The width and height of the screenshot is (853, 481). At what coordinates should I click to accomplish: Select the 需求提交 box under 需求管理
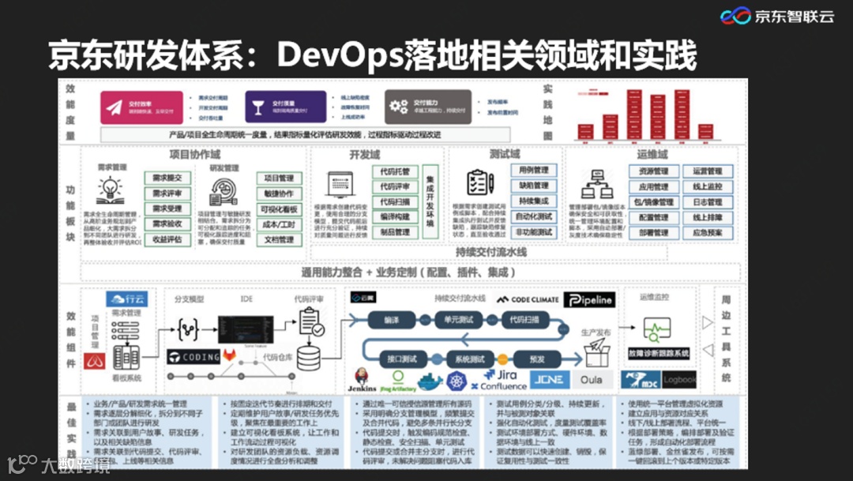(x=167, y=178)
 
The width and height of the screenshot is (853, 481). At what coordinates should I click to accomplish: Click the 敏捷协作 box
(x=279, y=194)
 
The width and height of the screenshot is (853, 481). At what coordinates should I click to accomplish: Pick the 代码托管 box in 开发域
(x=394, y=172)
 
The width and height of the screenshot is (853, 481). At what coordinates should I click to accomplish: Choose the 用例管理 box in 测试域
(x=533, y=171)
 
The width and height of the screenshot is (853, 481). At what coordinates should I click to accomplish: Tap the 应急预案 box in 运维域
(x=707, y=233)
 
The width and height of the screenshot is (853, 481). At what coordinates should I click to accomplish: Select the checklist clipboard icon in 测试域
(x=480, y=183)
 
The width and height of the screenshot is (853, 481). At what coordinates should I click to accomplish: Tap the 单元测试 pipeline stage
(x=458, y=321)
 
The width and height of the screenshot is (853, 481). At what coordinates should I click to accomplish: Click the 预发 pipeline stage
(x=537, y=359)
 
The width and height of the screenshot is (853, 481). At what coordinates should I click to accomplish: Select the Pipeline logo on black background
(x=589, y=300)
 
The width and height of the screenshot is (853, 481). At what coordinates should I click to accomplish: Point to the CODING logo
(x=194, y=357)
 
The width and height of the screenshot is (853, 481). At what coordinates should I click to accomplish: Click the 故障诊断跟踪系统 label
(x=659, y=352)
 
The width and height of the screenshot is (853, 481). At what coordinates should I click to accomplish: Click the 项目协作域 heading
(x=194, y=154)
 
